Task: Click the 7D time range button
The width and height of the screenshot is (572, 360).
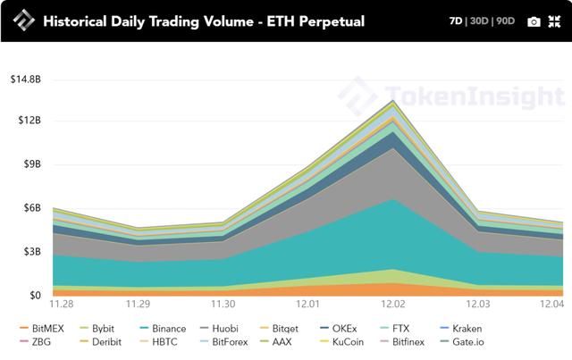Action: pos(457,21)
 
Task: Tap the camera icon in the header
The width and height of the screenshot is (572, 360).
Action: pos(534,21)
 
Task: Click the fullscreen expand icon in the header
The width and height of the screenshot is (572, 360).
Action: pos(554,21)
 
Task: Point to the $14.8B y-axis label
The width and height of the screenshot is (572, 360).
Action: pos(25,80)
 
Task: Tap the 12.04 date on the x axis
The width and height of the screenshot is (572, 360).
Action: pos(551,304)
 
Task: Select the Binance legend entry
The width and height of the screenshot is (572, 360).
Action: pos(167,329)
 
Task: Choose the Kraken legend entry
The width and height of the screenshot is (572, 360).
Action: pos(467,329)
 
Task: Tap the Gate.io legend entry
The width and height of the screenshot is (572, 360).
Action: pos(467,341)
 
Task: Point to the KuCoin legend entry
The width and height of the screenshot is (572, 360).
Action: pos(348,341)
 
